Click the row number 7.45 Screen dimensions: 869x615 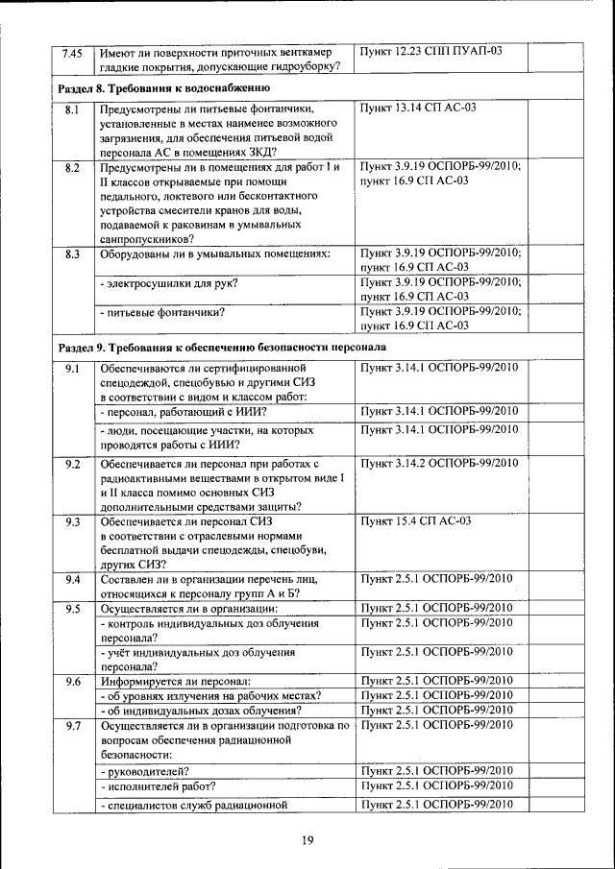coord(71,52)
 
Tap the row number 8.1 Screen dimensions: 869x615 coord(71,111)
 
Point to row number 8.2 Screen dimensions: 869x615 coord(71,168)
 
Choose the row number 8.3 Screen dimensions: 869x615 coord(71,253)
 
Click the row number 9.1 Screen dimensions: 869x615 coord(71,369)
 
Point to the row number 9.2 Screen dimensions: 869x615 coord(71,465)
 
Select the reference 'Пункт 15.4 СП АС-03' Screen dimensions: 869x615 coord(414,521)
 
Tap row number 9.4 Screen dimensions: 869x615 coord(71,579)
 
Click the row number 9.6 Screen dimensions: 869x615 coord(71,682)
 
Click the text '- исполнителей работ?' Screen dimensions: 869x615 coord(158,785)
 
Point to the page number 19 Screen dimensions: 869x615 coord(307,842)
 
